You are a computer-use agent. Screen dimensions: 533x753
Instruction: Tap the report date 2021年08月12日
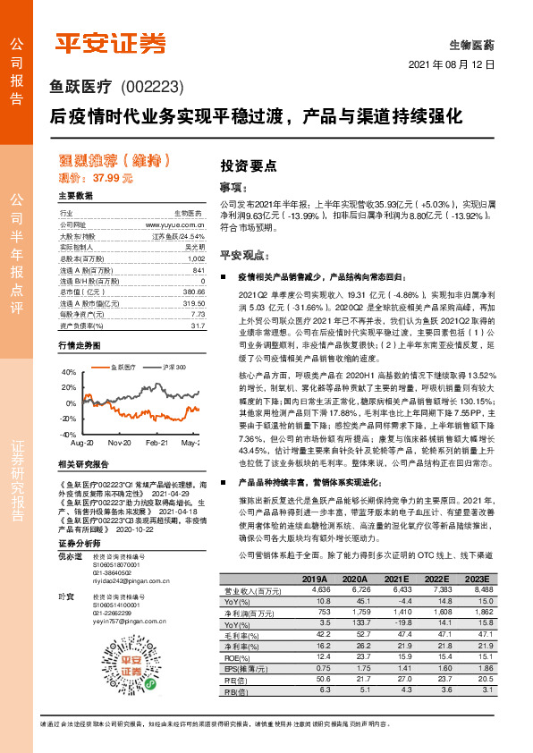[452, 65]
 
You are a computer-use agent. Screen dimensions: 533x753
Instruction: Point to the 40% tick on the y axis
[68, 371]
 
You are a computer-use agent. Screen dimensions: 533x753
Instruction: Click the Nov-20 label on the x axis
[120, 443]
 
